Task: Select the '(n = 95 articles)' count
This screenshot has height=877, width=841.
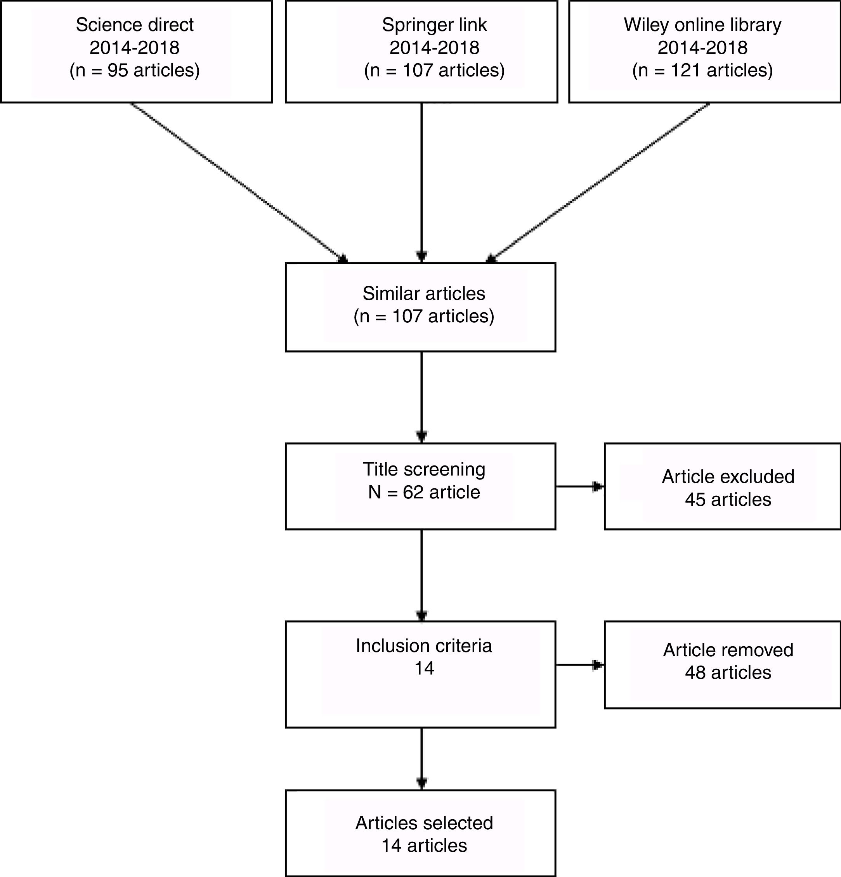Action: (134, 71)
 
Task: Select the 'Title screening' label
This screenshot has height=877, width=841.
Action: (423, 469)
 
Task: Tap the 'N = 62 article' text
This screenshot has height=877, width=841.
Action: (423, 492)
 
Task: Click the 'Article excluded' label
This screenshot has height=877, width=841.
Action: (728, 477)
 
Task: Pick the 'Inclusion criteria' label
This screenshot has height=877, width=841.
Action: (423, 646)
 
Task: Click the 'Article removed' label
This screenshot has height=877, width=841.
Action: (728, 650)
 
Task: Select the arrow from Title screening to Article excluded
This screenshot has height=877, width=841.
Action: (579, 486)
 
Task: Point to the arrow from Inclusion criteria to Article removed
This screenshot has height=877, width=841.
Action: (579, 665)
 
